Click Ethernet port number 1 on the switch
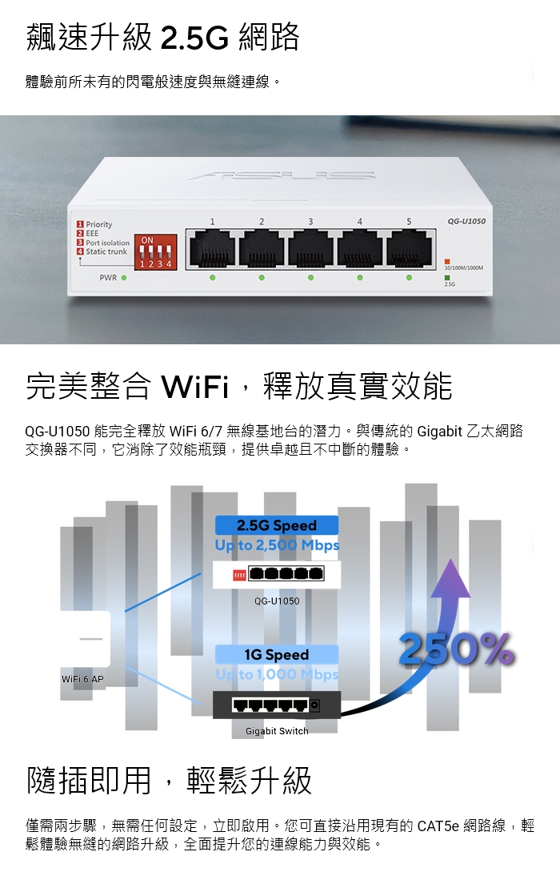coord(212,248)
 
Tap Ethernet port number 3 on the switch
coord(310,248)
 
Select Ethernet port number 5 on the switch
coord(410,248)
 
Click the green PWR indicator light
coord(124,278)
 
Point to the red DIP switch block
coord(155,252)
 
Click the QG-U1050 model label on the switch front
coord(466,221)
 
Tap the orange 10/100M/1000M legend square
coord(447,262)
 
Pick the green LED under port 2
coord(262,278)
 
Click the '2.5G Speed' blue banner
coord(277,525)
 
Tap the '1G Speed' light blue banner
coord(277,654)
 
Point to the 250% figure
coord(456,649)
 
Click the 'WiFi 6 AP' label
coord(82,679)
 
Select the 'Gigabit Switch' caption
coord(277,731)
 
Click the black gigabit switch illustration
coord(277,705)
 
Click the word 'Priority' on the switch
coord(99,224)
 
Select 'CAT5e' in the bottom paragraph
coord(438,826)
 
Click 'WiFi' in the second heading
coord(196,387)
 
